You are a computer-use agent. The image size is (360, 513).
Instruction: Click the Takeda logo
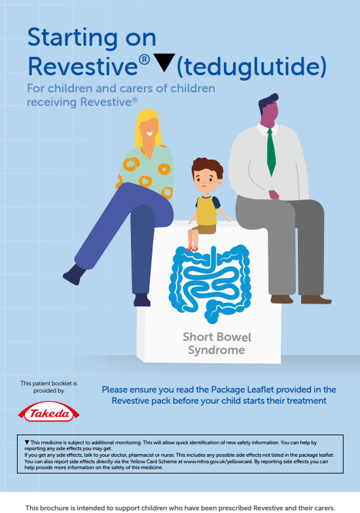[x=48, y=412]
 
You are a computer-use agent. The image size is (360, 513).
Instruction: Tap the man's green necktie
[x=271, y=152]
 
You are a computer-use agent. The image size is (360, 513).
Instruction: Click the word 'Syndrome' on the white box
[x=216, y=351]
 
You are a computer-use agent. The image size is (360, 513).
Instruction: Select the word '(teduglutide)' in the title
[x=251, y=67]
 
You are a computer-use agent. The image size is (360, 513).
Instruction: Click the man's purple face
[x=270, y=113]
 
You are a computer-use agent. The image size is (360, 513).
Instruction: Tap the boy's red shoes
[x=192, y=249]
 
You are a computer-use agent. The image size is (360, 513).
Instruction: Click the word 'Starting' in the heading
[x=72, y=38]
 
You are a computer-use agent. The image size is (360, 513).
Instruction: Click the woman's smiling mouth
[x=149, y=133]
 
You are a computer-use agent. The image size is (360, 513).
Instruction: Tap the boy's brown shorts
[x=204, y=229]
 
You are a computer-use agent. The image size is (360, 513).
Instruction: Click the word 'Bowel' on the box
[x=235, y=337]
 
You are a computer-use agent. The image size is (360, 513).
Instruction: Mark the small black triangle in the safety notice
[x=27, y=442]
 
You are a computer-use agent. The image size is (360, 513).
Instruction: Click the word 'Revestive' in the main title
[x=82, y=67]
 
